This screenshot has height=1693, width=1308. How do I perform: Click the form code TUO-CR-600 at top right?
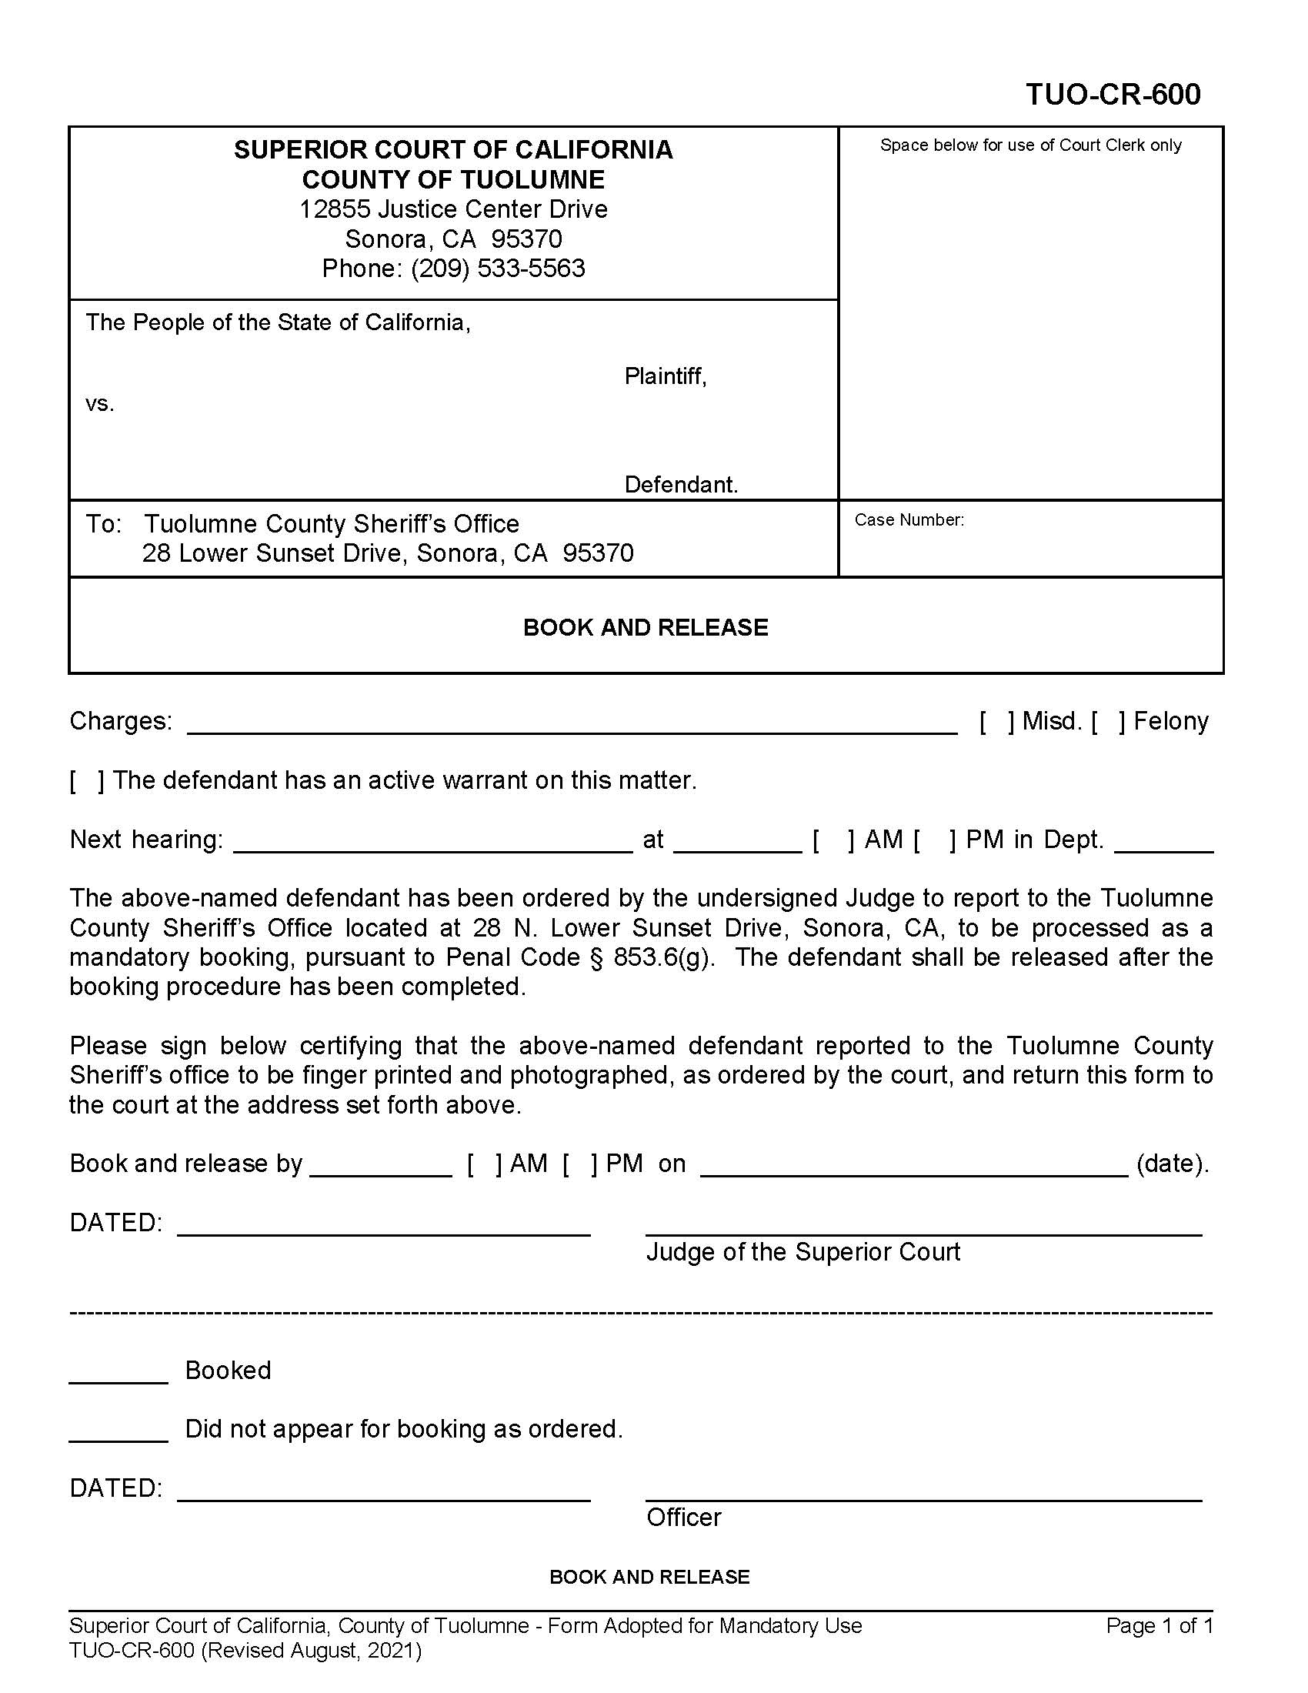click(1113, 95)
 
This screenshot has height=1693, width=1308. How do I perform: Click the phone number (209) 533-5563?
click(498, 269)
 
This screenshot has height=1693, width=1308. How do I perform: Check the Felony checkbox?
click(1108, 722)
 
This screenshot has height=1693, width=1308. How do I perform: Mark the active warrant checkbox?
click(87, 780)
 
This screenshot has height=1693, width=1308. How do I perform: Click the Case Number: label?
click(909, 520)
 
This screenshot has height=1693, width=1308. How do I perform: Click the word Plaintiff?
click(666, 377)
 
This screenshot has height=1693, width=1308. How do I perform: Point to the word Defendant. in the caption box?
click(681, 486)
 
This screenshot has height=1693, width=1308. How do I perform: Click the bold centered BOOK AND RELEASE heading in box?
click(646, 627)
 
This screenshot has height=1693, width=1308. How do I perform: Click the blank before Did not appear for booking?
click(118, 1439)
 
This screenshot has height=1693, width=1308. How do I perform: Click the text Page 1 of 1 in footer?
click(1160, 1625)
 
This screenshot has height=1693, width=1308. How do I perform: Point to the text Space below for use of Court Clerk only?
click(1030, 145)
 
